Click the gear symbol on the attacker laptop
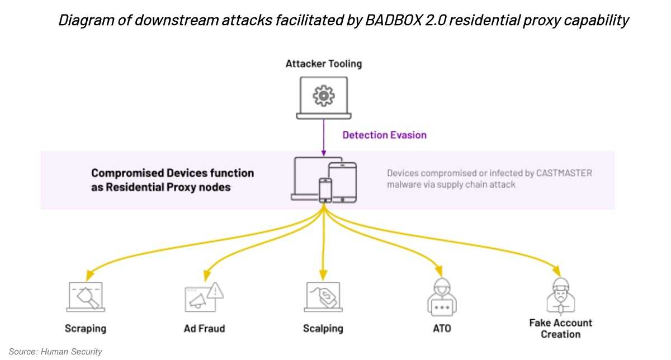[324, 96]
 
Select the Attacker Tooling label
[324, 64]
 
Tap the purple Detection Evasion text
[384, 135]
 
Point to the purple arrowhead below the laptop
[324, 153]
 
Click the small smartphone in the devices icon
[325, 190]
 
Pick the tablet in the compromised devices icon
[343, 182]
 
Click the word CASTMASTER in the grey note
[564, 173]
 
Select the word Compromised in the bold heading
[127, 173]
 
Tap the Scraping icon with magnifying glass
[86, 297]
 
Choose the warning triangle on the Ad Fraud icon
[215, 291]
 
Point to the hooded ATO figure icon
[442, 297]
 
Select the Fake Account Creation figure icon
[561, 296]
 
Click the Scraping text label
[86, 329]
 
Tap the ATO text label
[442, 329]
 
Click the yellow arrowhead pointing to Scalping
[323, 275]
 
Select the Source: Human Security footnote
[55, 351]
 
